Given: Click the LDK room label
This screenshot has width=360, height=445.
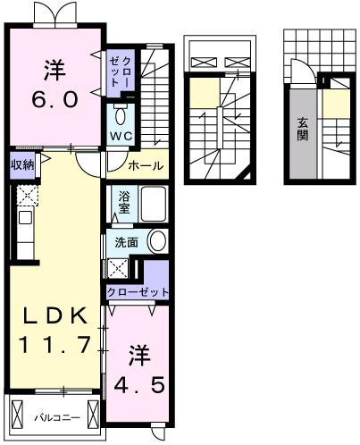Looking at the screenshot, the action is [x=55, y=315].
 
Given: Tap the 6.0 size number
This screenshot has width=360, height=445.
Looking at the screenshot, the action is [x=55, y=99].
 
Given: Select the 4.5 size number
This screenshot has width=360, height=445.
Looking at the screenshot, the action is [x=139, y=384].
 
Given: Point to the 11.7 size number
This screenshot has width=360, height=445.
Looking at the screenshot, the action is [x=54, y=344].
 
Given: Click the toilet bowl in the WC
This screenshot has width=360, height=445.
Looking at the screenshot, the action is [x=121, y=116].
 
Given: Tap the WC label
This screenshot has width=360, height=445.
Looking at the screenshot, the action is [x=121, y=136].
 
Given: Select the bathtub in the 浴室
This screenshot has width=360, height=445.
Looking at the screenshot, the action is [x=153, y=204].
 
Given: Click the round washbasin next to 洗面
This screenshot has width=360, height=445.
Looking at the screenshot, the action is [x=157, y=241].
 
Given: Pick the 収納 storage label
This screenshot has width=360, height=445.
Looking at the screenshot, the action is [x=22, y=164].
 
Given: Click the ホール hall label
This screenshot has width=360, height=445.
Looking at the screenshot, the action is [x=146, y=165].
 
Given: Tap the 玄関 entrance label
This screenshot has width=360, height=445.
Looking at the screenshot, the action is [x=302, y=130].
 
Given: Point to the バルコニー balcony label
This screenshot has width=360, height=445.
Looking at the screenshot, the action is [x=57, y=418].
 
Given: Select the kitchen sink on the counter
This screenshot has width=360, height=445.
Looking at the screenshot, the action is [x=25, y=218].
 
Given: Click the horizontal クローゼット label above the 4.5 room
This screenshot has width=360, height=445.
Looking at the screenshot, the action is [x=138, y=292].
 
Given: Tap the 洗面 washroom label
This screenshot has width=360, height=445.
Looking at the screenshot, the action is [x=127, y=242].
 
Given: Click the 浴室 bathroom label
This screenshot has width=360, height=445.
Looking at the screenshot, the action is [x=124, y=203].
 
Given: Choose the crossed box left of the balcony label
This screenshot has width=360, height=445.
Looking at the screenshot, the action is [x=17, y=415].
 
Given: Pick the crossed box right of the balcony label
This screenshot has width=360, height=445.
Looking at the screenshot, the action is [x=93, y=415].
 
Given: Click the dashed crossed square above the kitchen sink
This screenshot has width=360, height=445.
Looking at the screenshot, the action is [x=28, y=196].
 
